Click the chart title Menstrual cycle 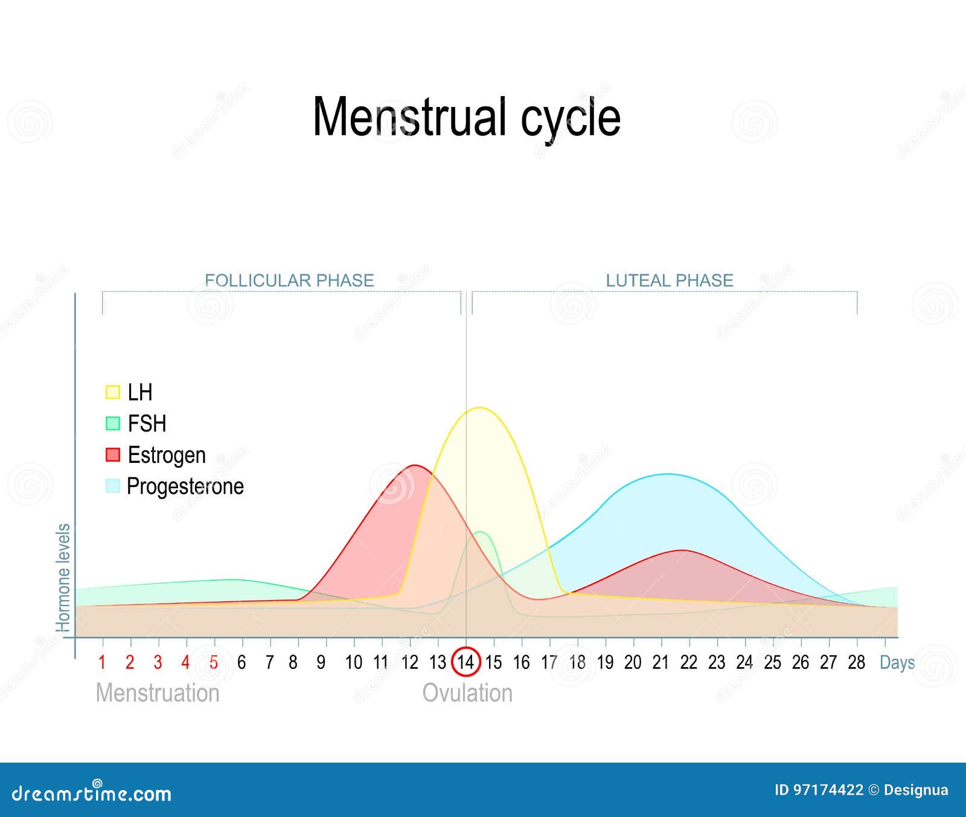click(x=466, y=118)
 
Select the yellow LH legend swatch click(x=113, y=392)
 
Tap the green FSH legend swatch click(x=113, y=424)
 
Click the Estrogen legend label click(x=167, y=455)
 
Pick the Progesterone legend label click(x=185, y=486)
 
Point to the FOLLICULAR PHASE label click(x=289, y=280)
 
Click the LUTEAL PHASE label click(x=670, y=280)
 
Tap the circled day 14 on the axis click(x=465, y=662)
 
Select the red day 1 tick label click(x=102, y=663)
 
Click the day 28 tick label click(x=856, y=663)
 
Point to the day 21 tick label click(x=661, y=663)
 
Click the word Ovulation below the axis click(x=467, y=693)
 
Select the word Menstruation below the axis click(x=158, y=693)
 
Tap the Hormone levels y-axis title click(x=63, y=578)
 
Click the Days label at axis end click(x=897, y=663)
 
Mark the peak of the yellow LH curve click(x=479, y=408)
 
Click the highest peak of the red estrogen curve click(x=415, y=465)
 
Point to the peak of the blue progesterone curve click(x=667, y=474)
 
